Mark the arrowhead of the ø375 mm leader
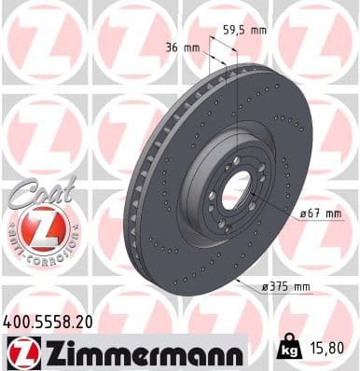point(237,278)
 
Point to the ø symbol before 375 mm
point(265,287)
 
